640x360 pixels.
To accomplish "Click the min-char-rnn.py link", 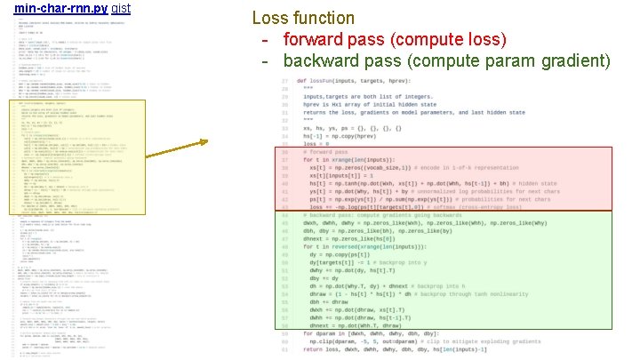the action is coord(61,7).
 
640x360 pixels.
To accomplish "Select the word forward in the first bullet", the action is coord(315,39).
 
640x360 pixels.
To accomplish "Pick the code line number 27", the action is coord(284,81).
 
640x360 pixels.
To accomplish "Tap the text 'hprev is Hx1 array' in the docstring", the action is coord(342,104).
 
